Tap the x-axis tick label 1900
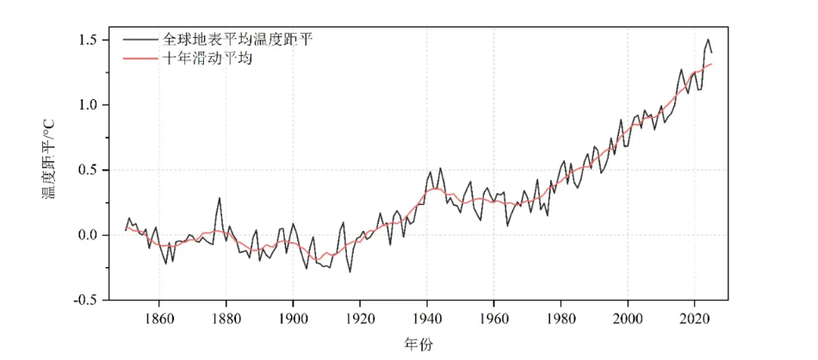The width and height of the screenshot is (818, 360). [x=294, y=315]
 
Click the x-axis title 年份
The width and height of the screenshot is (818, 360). [x=418, y=344]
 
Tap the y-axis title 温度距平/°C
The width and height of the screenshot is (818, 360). [x=49, y=169]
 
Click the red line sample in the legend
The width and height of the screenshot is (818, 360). [x=139, y=60]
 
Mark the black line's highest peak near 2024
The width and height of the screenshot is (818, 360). [x=708, y=39]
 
